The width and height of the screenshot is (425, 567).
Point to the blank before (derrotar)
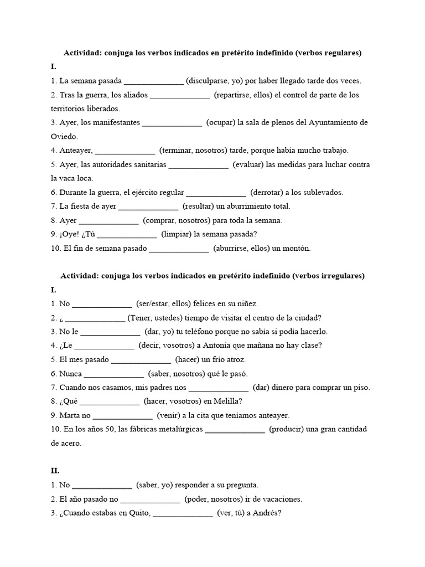pyautogui.click(x=216, y=193)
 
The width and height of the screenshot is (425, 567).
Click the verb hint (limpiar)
pyautogui.click(x=179, y=234)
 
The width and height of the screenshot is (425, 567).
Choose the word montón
pyautogui.click(x=295, y=249)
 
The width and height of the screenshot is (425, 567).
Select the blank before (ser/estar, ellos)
pyautogui.click(x=102, y=303)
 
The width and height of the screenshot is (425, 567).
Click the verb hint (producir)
pyautogui.click(x=291, y=429)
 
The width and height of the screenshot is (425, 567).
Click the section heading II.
pyautogui.click(x=54, y=471)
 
